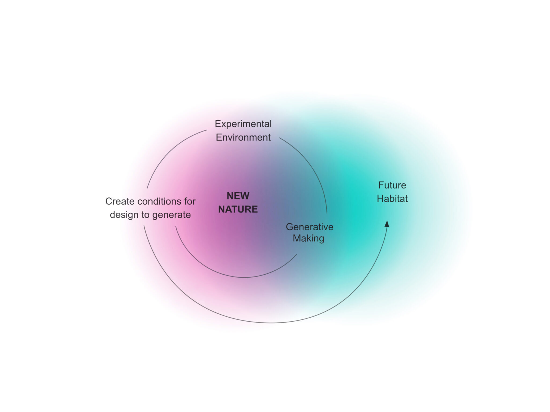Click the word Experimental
[243, 124]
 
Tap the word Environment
[243, 137]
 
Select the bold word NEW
[238, 196]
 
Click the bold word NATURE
[238, 209]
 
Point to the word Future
[392, 185]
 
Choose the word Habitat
[392, 199]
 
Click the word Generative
[309, 227]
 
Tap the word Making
[308, 238]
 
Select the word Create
[120, 201]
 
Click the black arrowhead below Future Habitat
[387, 224]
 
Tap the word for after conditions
[190, 201]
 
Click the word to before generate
[145, 215]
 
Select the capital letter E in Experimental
[218, 124]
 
